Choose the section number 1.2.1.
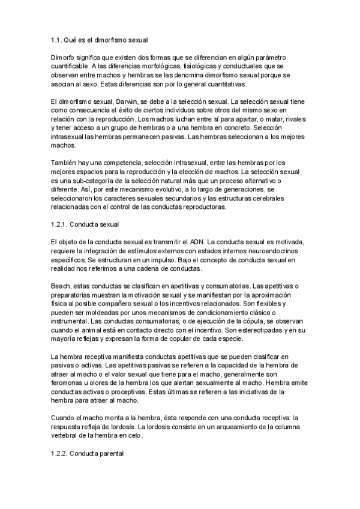click(60, 224)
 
